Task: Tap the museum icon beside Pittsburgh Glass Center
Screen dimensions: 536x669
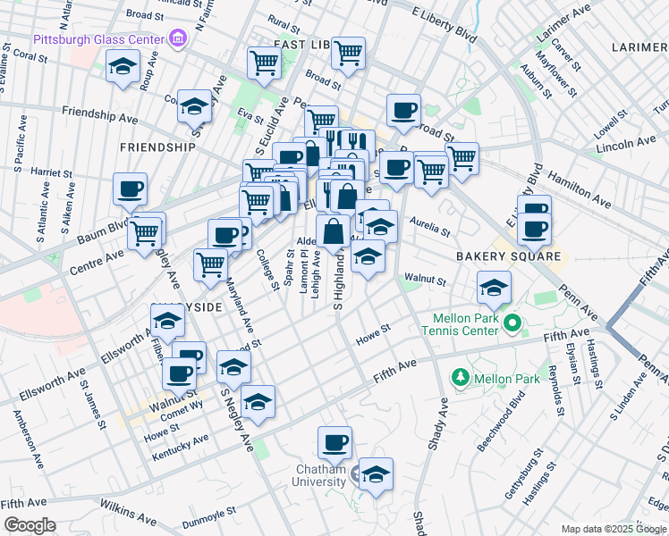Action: pyautogui.click(x=178, y=38)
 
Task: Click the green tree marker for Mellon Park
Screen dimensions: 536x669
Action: pyautogui.click(x=461, y=378)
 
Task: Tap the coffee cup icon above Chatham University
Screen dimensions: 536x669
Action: pyautogui.click(x=334, y=441)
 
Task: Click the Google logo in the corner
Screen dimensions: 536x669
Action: pyautogui.click(x=30, y=525)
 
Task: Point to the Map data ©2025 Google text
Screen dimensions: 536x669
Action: pyautogui.click(x=613, y=529)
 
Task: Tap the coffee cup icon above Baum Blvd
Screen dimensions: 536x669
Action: pyautogui.click(x=131, y=188)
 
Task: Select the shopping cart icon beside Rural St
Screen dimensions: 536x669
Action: pyautogui.click(x=264, y=62)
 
